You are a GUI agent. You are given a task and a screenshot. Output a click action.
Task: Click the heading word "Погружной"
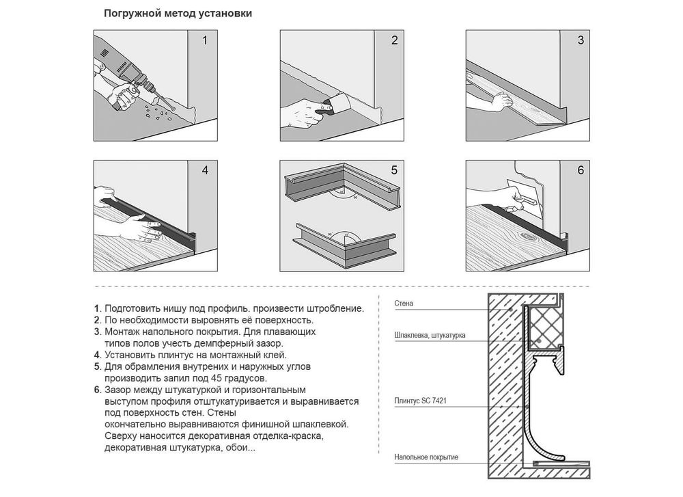tap(133, 14)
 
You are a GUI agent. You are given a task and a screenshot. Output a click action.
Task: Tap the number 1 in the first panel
tap(205, 40)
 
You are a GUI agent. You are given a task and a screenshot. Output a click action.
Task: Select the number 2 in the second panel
tap(394, 40)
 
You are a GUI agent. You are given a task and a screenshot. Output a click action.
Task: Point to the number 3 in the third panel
tap(580, 40)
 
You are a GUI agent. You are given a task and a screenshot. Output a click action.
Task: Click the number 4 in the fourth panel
tap(205, 170)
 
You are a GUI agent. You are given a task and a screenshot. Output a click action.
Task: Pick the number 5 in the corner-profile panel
tap(394, 170)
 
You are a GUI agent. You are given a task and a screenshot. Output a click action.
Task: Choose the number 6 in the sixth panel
tap(580, 170)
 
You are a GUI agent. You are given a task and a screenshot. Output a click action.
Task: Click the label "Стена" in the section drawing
tap(404, 304)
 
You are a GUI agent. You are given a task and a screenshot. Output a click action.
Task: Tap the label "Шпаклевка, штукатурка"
tap(430, 335)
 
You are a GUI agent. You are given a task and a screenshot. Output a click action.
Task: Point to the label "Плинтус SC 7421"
tap(420, 401)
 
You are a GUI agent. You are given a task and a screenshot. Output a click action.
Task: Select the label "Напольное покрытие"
tap(426, 457)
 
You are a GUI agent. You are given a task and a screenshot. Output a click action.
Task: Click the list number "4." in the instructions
tap(98, 355)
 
